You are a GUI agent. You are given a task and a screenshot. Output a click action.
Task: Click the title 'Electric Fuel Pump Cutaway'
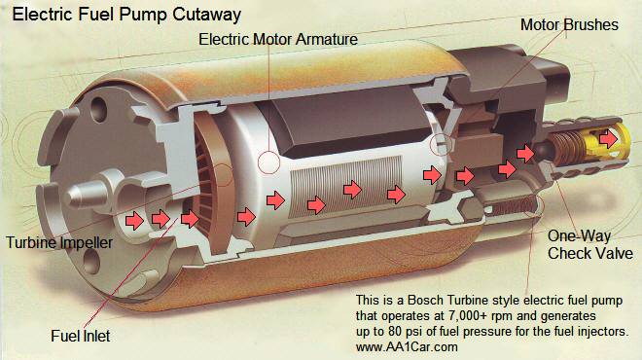(x=126, y=16)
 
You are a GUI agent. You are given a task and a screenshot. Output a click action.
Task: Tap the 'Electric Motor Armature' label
(x=277, y=41)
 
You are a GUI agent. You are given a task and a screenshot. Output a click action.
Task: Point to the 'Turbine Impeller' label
(x=58, y=241)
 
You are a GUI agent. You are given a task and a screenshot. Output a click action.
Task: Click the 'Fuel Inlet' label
(x=83, y=336)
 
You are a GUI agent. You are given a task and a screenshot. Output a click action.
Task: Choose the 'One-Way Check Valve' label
(x=583, y=244)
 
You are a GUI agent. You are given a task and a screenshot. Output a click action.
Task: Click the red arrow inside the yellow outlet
(x=608, y=139)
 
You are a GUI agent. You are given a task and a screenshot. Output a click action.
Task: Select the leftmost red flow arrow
(x=134, y=220)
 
